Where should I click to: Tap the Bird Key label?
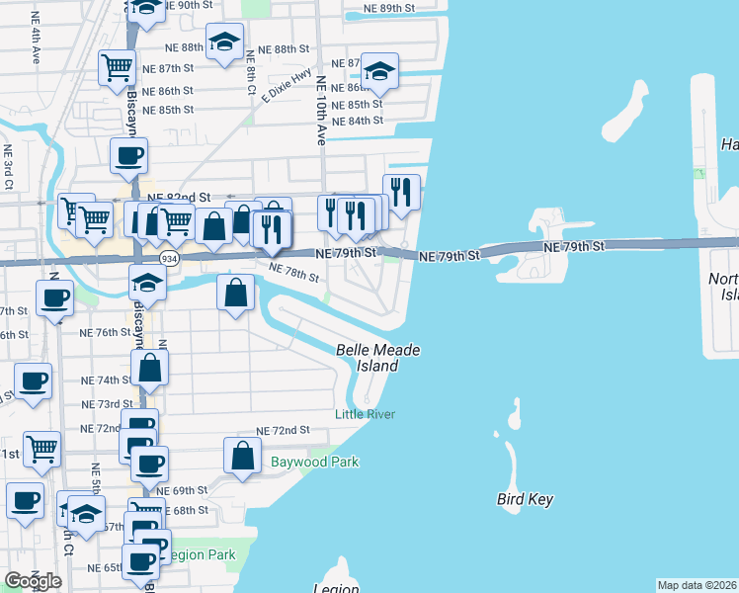(525, 499)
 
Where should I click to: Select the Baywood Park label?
(314, 462)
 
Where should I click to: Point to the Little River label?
(365, 414)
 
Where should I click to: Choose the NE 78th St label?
(294, 272)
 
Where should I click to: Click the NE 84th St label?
(358, 121)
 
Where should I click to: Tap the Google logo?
(33, 581)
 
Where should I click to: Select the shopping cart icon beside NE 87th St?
(117, 67)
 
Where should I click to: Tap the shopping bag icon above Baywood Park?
(242, 456)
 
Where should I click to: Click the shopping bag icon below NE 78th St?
(235, 294)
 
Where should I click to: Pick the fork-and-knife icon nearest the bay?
(400, 192)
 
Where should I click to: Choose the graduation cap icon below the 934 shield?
(147, 283)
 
